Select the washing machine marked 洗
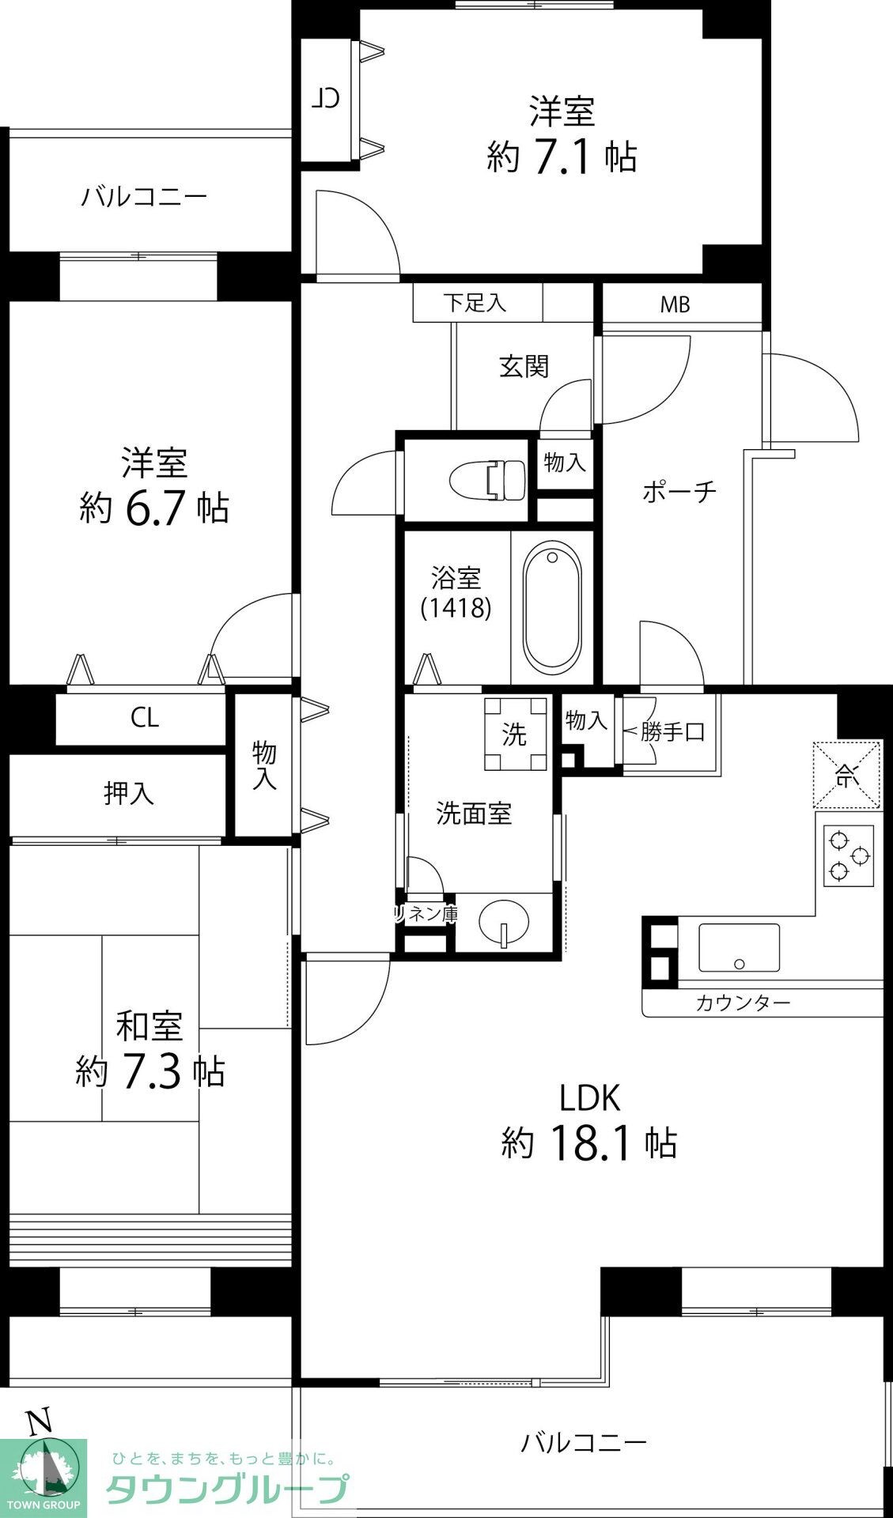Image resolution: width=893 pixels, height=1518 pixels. [516, 734]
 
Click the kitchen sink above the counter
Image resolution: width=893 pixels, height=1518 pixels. [739, 947]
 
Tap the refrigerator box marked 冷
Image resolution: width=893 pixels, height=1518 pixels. [847, 775]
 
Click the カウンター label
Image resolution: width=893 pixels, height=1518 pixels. [743, 1003]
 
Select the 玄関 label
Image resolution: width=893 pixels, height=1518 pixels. [524, 366]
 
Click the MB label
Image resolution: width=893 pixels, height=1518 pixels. [675, 304]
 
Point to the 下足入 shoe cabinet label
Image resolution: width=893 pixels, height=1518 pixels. [475, 302]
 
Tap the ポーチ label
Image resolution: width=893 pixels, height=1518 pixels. [679, 492]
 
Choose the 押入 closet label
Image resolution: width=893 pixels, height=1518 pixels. [129, 793]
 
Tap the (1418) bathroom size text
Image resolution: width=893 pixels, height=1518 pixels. [456, 607]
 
